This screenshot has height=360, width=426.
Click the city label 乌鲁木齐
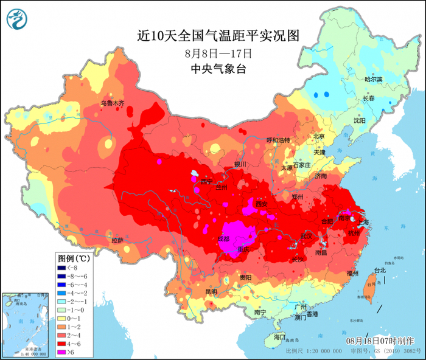pos(112,103)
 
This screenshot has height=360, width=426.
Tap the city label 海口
pos(279,336)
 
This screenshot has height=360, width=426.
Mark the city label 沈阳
pos(359,120)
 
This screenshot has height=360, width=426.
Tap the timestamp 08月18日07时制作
pos(377,341)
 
